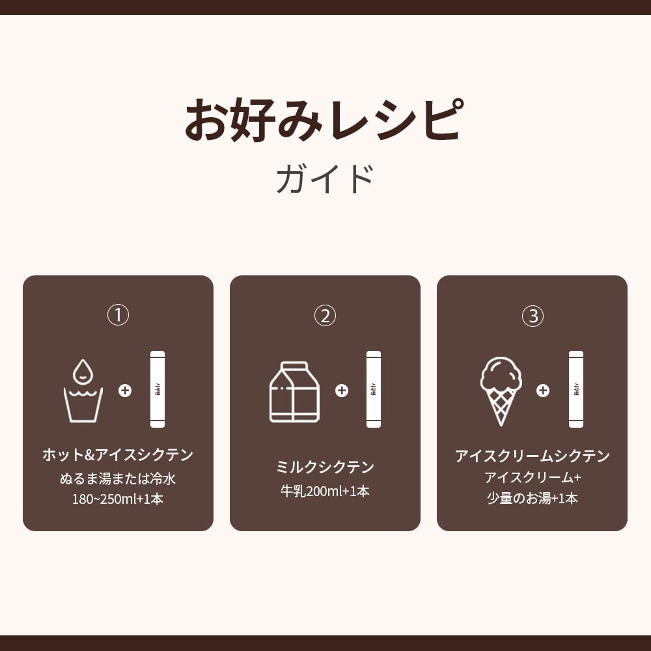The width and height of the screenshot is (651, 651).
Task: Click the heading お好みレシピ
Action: pyautogui.click(x=325, y=120)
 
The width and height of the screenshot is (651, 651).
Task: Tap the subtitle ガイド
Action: pyautogui.click(x=325, y=179)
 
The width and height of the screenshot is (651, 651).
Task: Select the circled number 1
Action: pyautogui.click(x=118, y=316)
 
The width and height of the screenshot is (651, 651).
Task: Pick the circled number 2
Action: pyautogui.click(x=325, y=316)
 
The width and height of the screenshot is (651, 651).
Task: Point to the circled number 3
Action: pyautogui.click(x=533, y=316)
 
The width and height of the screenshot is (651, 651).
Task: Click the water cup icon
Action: pyautogui.click(x=83, y=404)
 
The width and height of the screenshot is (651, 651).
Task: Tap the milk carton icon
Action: pyautogui.click(x=294, y=392)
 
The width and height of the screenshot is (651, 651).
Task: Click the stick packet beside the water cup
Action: pyautogui.click(x=158, y=389)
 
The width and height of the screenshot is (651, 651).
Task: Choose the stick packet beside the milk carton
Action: pyautogui.click(x=374, y=389)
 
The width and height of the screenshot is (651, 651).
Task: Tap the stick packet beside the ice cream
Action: pyautogui.click(x=576, y=389)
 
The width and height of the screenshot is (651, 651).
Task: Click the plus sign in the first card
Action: pyautogui.click(x=125, y=391)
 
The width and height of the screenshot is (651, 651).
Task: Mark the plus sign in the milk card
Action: pyautogui.click(x=341, y=391)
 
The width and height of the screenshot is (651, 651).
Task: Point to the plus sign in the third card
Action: pyautogui.click(x=543, y=391)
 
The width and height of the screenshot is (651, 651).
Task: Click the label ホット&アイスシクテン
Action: pyautogui.click(x=118, y=455)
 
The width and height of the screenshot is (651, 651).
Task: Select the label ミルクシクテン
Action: pyautogui.click(x=325, y=467)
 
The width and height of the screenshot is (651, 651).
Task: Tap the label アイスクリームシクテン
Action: pyautogui.click(x=533, y=456)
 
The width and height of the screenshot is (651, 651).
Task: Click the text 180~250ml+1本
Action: pyautogui.click(x=118, y=499)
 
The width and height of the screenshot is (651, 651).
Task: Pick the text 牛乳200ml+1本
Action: pyautogui.click(x=325, y=492)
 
